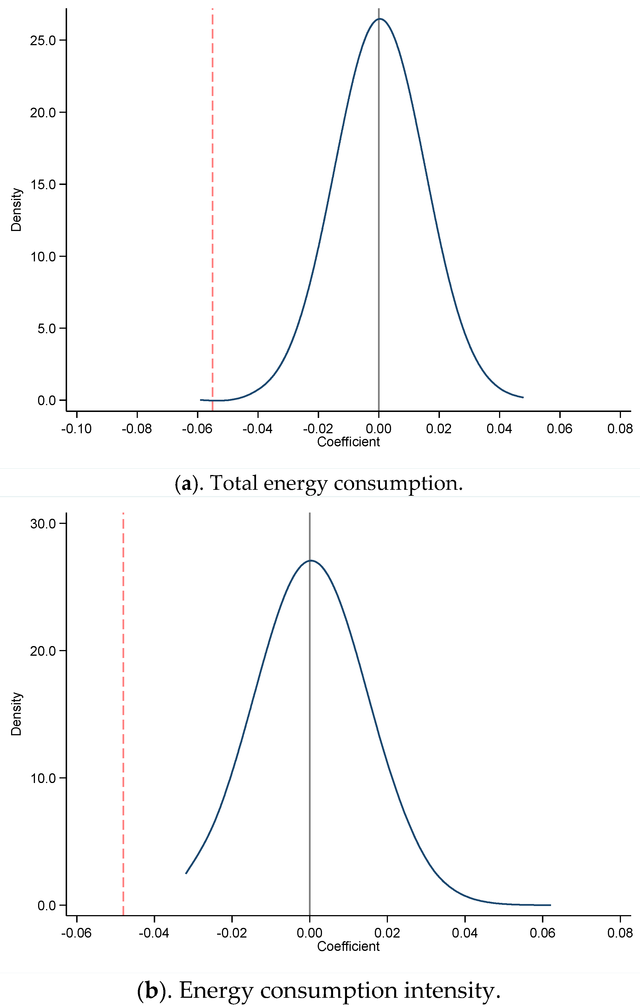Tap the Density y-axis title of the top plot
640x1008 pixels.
16,209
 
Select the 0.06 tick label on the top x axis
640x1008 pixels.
560,429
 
